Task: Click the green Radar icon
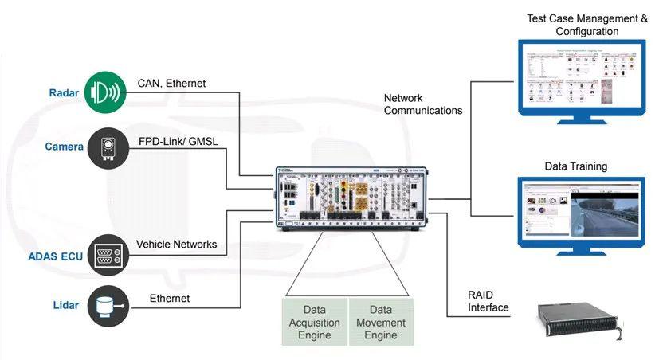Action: click(x=108, y=92)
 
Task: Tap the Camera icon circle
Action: click(x=108, y=147)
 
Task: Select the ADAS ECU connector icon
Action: click(x=108, y=255)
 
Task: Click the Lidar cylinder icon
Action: click(x=108, y=307)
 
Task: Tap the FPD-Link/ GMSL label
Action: click(x=178, y=141)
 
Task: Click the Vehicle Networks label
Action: click(x=176, y=245)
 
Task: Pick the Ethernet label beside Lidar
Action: click(x=170, y=299)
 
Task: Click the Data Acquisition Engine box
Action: click(x=315, y=322)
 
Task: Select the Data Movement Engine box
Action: click(x=381, y=322)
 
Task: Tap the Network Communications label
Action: click(x=423, y=104)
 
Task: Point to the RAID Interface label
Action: click(x=488, y=301)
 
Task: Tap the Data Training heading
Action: click(x=576, y=166)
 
